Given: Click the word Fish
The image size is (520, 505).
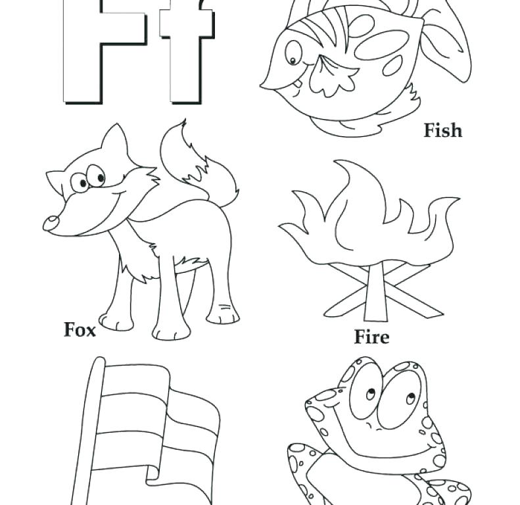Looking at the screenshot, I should [442, 131].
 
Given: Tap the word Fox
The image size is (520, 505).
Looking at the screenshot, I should [80, 329].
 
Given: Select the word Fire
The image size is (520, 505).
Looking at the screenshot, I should [371, 337].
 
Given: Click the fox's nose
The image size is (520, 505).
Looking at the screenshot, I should [51, 224].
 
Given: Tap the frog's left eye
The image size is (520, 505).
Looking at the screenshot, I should [365, 395].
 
